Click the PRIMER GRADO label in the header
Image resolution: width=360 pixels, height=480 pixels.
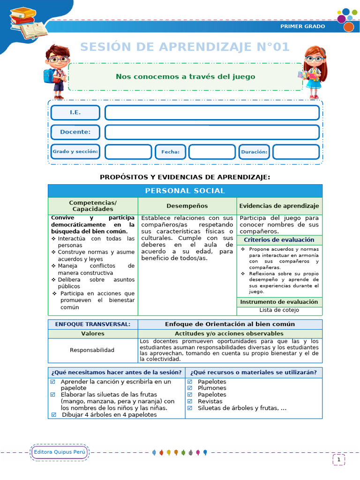(302, 26)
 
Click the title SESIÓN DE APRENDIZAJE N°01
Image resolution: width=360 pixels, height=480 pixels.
(185, 47)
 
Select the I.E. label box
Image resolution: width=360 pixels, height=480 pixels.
(75, 112)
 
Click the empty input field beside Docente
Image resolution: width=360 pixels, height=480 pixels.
(212, 132)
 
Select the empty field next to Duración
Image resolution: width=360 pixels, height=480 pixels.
(296, 152)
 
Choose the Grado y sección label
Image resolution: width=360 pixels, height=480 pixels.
(75, 152)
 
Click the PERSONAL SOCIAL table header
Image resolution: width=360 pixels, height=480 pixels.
(185, 191)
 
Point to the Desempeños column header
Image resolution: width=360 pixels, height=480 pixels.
(187, 206)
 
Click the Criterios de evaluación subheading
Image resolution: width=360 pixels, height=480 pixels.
(279, 240)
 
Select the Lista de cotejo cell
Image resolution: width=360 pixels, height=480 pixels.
(279, 310)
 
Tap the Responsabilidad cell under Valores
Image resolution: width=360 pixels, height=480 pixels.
(92, 350)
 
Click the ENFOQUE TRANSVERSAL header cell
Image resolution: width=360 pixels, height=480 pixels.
(93, 324)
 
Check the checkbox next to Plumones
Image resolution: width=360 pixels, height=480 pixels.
(190, 388)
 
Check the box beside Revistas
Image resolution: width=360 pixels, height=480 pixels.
(190, 401)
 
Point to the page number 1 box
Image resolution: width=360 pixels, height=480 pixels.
(338, 460)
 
